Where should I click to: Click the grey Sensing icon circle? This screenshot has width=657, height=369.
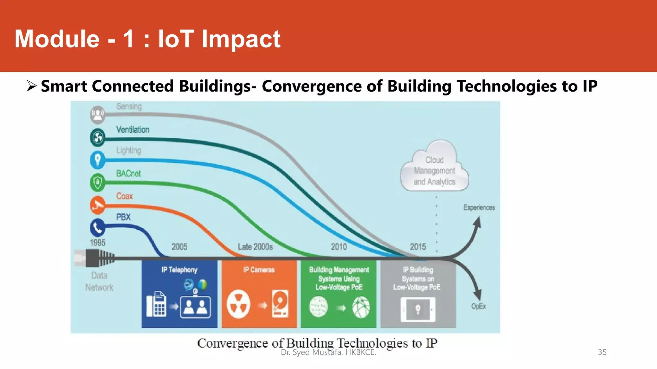[98, 114]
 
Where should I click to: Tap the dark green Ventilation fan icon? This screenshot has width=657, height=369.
[98, 137]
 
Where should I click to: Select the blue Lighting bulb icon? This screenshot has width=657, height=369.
[98, 160]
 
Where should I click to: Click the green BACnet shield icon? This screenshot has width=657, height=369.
[98, 183]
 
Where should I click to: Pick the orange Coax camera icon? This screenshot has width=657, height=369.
[98, 205]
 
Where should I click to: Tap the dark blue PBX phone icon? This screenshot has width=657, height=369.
[98, 227]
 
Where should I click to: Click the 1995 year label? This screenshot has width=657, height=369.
[98, 242]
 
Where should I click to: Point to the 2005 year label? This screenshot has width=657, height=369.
[179, 247]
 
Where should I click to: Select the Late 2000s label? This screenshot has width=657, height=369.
[255, 247]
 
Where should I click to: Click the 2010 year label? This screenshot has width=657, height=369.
[339, 247]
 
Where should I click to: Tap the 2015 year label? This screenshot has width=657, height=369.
[418, 247]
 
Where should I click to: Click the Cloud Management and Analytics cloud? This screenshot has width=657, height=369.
[434, 168]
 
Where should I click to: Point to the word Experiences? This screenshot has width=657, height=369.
[479, 208]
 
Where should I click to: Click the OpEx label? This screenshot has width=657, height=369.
[478, 306]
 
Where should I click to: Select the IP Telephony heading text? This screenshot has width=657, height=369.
[179, 270]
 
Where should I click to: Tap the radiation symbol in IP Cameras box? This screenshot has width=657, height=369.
[238, 304]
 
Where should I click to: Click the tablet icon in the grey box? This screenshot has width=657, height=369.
[418, 309]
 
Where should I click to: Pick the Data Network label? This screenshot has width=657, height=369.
[99, 281]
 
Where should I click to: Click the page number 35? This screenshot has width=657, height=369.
[602, 352]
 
